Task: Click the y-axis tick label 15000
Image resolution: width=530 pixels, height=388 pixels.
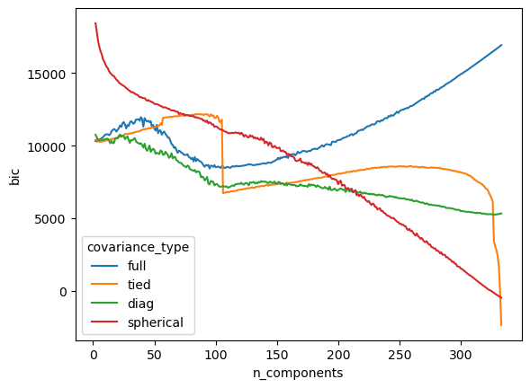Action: click(46, 75)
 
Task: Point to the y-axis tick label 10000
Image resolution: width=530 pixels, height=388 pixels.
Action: click(46, 147)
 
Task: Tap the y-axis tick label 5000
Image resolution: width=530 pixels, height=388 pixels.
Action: click(50, 219)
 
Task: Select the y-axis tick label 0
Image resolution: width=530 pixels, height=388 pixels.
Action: click(63, 292)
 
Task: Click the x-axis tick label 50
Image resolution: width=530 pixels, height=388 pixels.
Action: click(154, 355)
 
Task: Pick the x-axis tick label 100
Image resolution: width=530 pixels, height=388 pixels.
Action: click(216, 355)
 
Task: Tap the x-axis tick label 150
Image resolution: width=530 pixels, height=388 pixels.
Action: click(277, 355)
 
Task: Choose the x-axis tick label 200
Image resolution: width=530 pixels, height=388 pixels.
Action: click(338, 355)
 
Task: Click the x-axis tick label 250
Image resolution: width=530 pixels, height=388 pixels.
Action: click(400, 355)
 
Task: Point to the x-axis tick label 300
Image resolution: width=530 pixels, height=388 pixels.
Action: click(461, 355)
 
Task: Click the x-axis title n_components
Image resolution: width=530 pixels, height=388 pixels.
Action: click(298, 373)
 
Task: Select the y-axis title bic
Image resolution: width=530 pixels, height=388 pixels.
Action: click(14, 177)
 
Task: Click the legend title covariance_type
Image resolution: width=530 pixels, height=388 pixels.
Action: click(138, 247)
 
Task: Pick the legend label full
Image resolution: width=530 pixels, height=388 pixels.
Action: click(137, 266)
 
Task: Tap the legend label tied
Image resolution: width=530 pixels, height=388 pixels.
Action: click(139, 285)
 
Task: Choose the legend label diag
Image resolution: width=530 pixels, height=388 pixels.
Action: click(140, 304)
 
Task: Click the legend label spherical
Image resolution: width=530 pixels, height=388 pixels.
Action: click(156, 322)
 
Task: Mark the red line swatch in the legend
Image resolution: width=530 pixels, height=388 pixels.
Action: click(104, 322)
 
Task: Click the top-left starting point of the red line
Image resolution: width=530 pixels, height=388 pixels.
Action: click(95, 23)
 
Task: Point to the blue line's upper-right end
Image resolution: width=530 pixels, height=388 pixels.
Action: click(501, 45)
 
